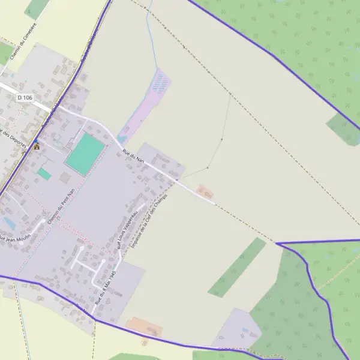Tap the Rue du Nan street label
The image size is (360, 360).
click(x=133, y=157)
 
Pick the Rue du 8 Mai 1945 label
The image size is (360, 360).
click(x=104, y=289)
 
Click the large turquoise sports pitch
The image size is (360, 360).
click(x=85, y=154)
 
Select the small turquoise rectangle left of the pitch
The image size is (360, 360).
click(x=44, y=173)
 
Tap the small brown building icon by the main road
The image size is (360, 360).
click(x=37, y=146)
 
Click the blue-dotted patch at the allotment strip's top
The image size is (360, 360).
click(x=159, y=85)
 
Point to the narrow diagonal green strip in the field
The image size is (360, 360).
click(x=236, y=267)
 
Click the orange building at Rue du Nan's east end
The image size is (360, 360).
click(x=205, y=192)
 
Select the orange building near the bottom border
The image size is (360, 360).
click(x=144, y=328)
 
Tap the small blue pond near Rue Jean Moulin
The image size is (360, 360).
click(x=9, y=223)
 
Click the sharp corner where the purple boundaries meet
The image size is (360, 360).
click(x=277, y=244)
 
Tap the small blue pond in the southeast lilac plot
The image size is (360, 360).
click(x=244, y=329)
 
